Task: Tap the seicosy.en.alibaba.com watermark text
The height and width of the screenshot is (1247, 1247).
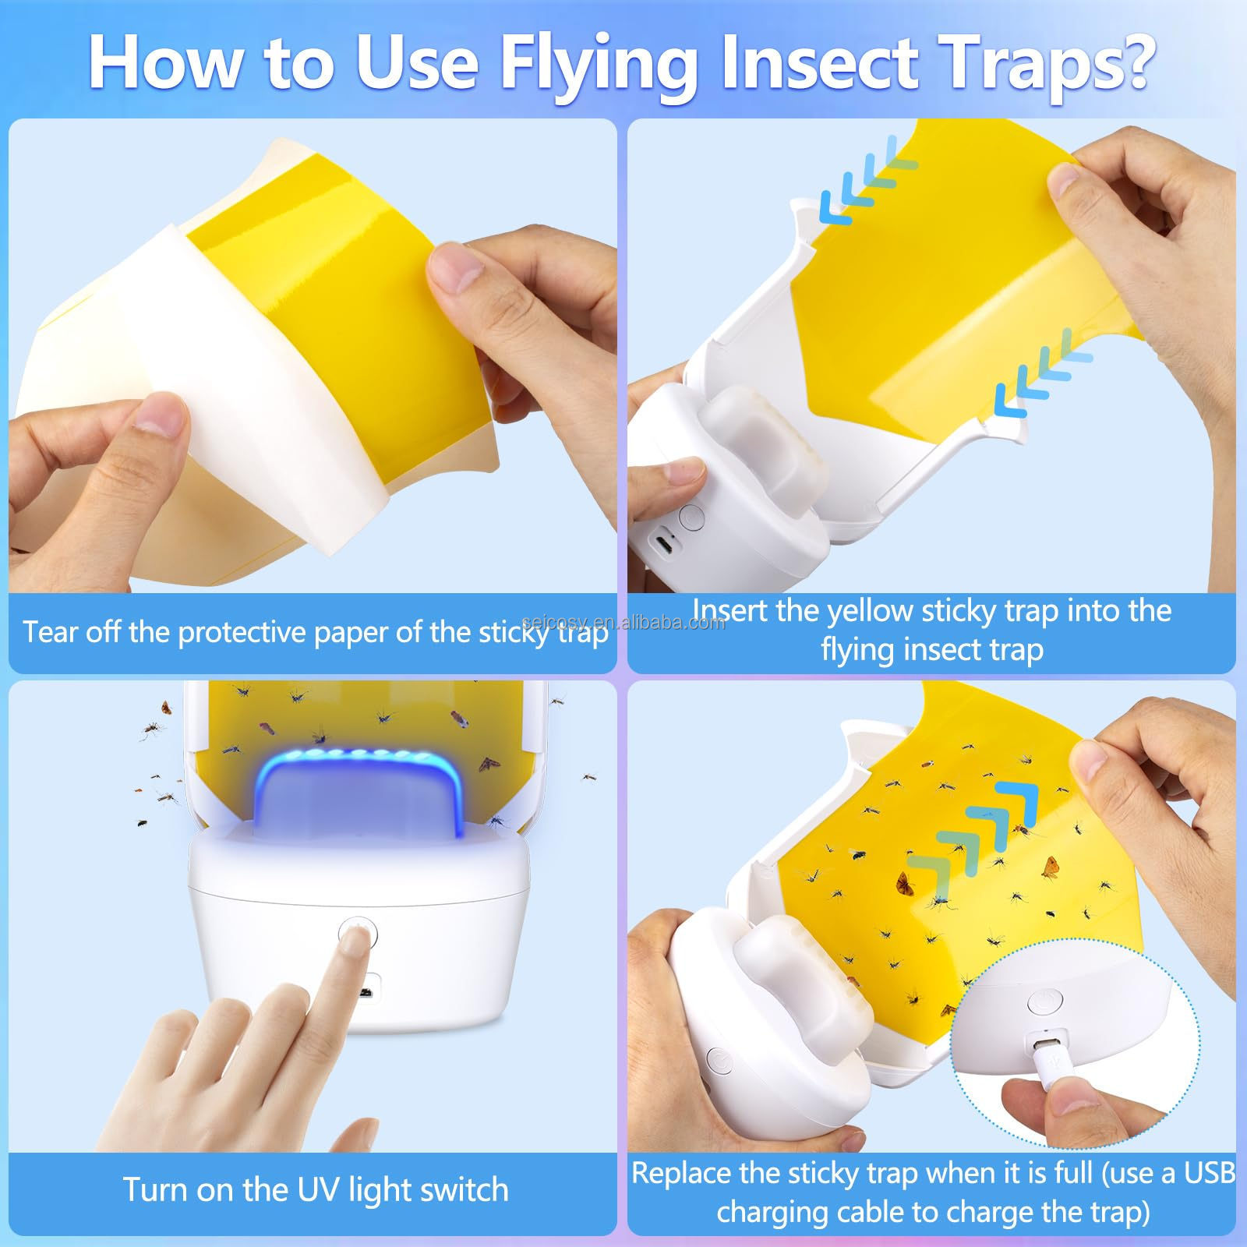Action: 623,622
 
